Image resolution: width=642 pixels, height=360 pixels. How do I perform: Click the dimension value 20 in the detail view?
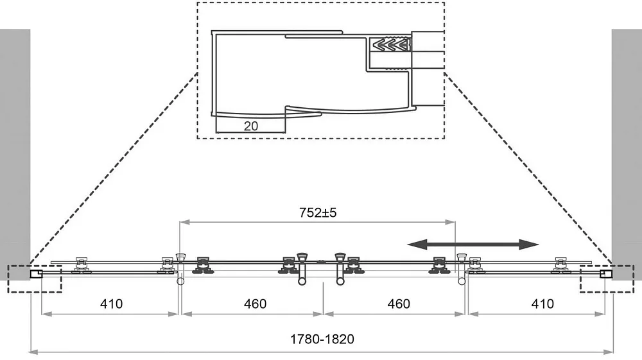251,126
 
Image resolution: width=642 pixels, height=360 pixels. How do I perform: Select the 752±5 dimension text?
318,213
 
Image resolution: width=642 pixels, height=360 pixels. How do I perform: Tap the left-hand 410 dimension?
111,304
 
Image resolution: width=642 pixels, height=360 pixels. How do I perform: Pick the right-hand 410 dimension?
542,304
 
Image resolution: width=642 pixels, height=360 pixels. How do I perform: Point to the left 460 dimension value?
255,304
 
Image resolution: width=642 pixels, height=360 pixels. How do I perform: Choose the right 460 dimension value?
399,304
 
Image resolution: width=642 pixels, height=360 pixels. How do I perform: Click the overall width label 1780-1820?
322,339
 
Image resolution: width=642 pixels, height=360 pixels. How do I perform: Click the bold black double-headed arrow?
473,244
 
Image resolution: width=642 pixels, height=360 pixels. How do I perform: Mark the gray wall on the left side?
15,154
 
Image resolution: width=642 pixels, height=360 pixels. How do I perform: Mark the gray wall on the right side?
627,154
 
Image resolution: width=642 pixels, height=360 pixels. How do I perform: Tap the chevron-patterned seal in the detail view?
390,44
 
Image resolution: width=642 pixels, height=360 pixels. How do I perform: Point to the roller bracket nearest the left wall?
82,265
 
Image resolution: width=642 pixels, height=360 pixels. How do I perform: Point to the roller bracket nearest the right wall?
560,265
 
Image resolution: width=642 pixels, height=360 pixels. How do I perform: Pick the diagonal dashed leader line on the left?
114,169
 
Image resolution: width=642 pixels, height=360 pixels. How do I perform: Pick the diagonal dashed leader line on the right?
528,169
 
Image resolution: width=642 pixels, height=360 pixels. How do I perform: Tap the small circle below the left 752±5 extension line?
180,281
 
